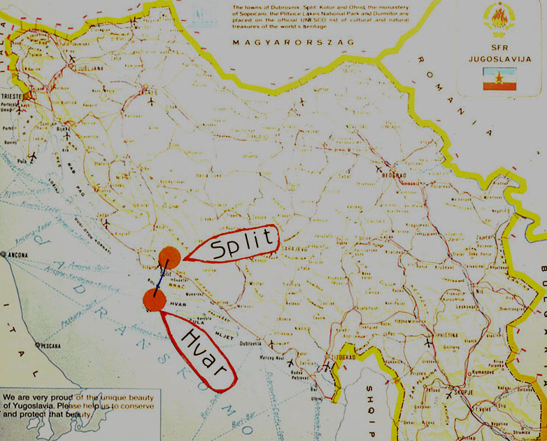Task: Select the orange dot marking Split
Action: (169, 256)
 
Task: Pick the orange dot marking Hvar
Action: (154, 300)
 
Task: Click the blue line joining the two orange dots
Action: (162, 279)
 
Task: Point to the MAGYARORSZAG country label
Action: (293, 42)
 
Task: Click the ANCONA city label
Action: (19, 255)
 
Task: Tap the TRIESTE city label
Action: (14, 92)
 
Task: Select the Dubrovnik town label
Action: (250, 344)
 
